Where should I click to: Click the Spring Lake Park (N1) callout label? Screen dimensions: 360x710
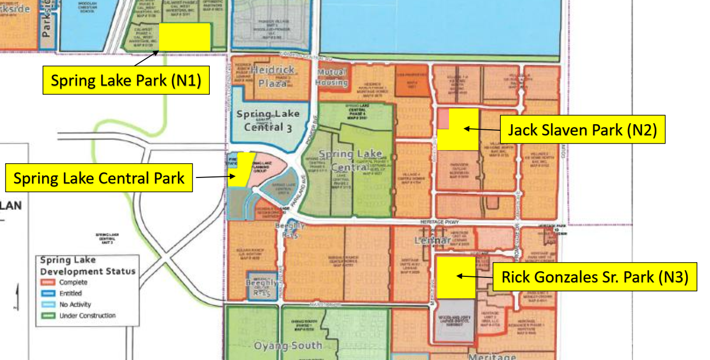coord(126,80)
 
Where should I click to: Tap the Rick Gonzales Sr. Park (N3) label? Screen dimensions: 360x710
coord(594,277)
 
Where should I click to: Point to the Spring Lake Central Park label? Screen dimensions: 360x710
coord(99,178)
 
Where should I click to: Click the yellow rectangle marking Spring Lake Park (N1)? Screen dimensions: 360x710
coord(184,37)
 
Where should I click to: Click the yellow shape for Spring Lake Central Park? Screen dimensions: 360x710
coord(240,170)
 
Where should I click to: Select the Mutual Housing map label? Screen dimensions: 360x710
coord(331,77)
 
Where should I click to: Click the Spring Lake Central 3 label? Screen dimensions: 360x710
coord(268,120)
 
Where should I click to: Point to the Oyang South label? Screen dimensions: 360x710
coord(288,346)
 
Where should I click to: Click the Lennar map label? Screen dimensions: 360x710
coord(432,240)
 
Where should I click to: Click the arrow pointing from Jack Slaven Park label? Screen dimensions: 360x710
coord(482,129)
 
